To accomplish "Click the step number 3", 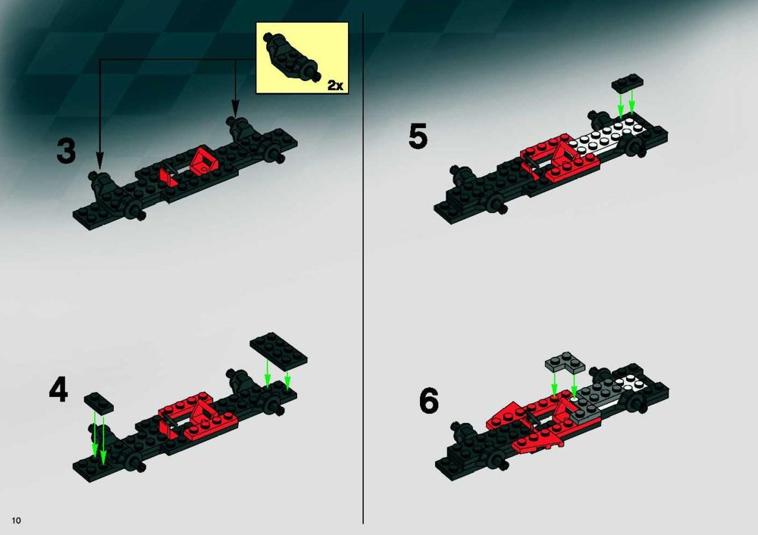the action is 66,150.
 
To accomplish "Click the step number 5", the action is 418,136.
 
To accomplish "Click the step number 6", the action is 429,401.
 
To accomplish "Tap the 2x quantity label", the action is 335,85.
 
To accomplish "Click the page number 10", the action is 17,521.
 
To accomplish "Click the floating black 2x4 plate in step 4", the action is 278,348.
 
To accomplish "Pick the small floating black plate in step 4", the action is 99,402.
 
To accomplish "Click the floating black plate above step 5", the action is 628,83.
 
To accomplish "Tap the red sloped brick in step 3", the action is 204,160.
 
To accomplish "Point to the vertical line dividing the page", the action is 362,268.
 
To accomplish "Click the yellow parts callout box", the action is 302,58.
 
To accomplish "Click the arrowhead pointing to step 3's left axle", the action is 99,160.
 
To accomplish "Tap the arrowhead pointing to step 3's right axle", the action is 236,108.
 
